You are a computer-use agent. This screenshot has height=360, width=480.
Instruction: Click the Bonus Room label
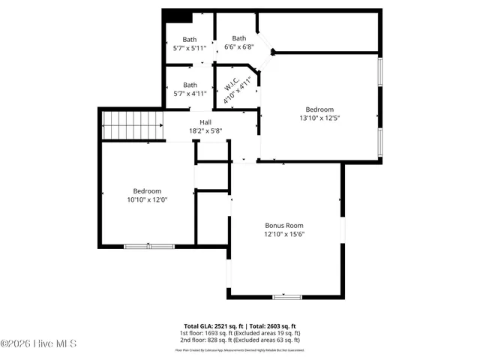(x=284, y=225)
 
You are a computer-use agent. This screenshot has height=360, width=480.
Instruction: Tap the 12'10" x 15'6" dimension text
(x=284, y=234)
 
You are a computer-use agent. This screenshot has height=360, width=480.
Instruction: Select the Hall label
(x=205, y=122)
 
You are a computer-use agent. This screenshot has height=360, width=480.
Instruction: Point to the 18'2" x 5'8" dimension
(x=205, y=131)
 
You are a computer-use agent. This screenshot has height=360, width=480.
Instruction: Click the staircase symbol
(x=132, y=124)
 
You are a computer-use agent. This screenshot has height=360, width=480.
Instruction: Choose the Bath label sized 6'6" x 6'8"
(x=238, y=38)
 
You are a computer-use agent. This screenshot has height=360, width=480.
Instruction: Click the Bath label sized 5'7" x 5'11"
(x=190, y=40)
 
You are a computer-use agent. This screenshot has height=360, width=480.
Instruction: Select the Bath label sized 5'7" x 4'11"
(x=190, y=85)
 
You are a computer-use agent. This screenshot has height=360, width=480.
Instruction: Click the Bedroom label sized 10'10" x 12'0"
(x=147, y=190)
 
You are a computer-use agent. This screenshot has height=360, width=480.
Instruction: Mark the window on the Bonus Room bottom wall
(x=286, y=297)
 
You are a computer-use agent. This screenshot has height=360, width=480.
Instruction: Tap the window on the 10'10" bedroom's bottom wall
(x=148, y=246)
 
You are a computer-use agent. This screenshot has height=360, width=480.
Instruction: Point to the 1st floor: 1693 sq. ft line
(x=239, y=333)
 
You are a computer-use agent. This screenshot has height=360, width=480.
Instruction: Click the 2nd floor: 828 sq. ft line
(x=239, y=340)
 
